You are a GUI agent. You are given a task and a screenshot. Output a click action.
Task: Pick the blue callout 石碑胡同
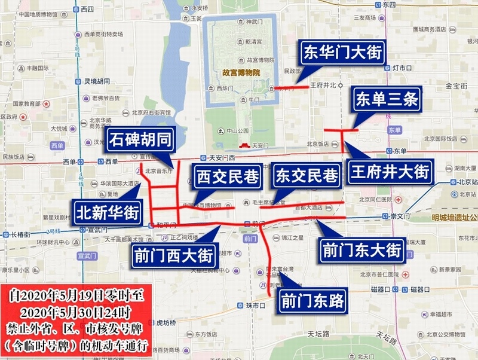pos(141,141)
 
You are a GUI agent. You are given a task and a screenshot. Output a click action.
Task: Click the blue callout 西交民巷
pos(228,178)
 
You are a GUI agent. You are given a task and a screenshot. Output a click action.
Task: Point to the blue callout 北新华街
pos(106,212)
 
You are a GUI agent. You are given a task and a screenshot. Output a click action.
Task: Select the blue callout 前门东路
pos(312,301)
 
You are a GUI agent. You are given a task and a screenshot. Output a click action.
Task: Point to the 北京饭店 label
pos(318,144)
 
